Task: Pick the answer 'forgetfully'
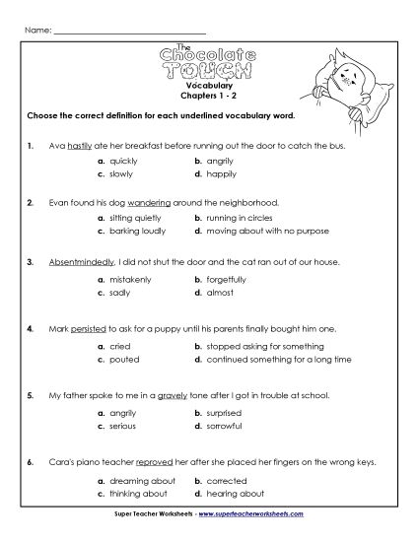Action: [x=228, y=279]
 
